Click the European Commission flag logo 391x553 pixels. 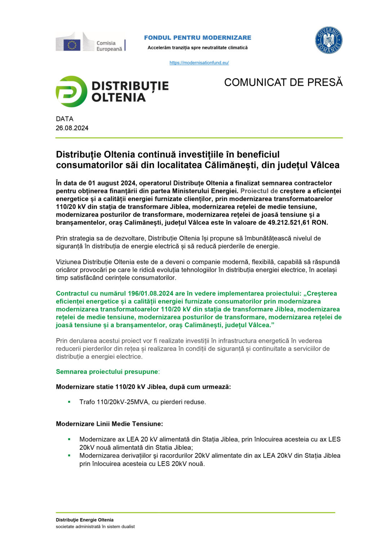pyautogui.click(x=72, y=45)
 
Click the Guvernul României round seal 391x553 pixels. pyautogui.click(x=328, y=40)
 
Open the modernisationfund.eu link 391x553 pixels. pyautogui.click(x=199, y=63)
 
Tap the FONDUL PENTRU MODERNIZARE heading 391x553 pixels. pyautogui.click(x=198, y=37)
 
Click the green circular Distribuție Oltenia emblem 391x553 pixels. pyautogui.click(x=71, y=91)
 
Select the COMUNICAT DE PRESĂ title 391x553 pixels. pyautogui.click(x=283, y=82)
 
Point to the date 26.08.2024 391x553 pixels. pyautogui.click(x=72, y=128)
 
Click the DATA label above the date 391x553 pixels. pyautogui.click(x=64, y=119)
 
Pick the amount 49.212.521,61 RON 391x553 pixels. pyautogui.click(x=298, y=222)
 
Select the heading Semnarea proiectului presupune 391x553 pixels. pyautogui.click(x=107, y=372)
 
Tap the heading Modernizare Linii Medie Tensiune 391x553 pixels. pyautogui.click(x=109, y=424)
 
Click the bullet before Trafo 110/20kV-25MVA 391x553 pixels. pyautogui.click(x=69, y=402)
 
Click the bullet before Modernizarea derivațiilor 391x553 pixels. pyautogui.click(x=69, y=455)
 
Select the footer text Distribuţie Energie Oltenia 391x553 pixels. pyautogui.click(x=85, y=520)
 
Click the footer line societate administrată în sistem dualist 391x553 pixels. pyautogui.click(x=95, y=526)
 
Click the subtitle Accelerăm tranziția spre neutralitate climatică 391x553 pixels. pyautogui.click(x=198, y=48)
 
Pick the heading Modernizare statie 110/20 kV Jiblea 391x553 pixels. pyautogui.click(x=143, y=387)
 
